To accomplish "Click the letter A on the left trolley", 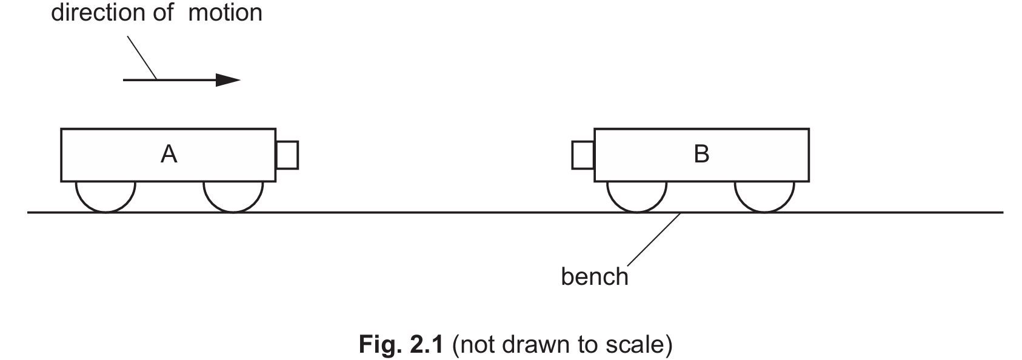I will [x=169, y=155].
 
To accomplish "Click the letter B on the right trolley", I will [x=701, y=155].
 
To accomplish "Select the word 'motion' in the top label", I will [x=225, y=13].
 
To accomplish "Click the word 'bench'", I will [x=594, y=277].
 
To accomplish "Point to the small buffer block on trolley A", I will [x=287, y=155].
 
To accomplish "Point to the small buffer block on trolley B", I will [x=583, y=155].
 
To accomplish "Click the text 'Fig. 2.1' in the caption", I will [x=402, y=345].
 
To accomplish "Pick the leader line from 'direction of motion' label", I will [x=142, y=58].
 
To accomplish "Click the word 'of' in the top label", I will [x=163, y=13].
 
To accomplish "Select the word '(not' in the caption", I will [x=473, y=345].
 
